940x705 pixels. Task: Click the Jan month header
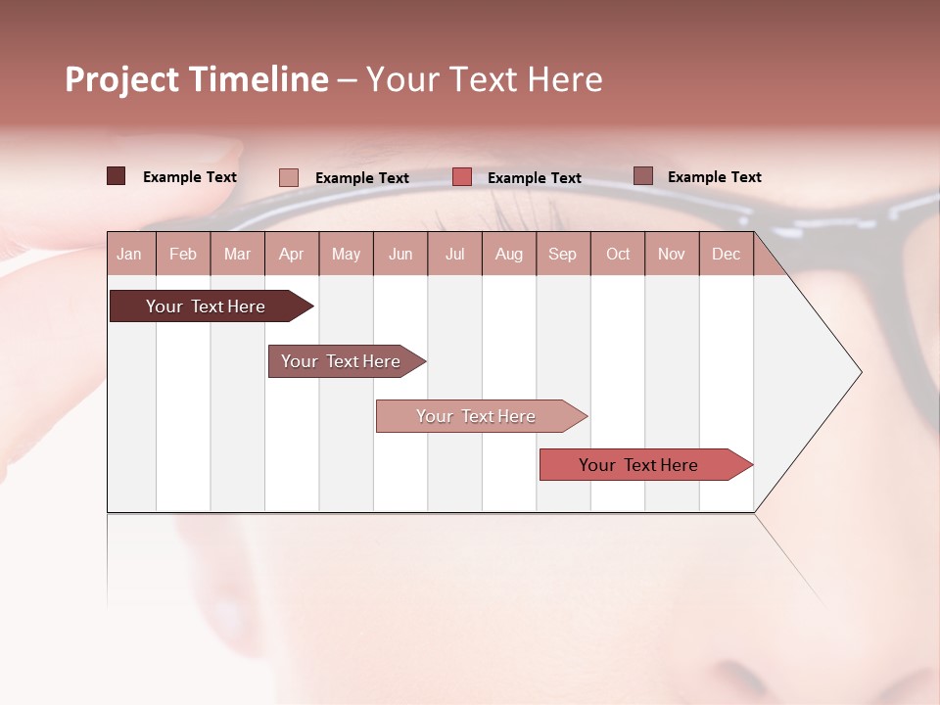pyautogui.click(x=129, y=255)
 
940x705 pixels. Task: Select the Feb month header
pyautogui.click(x=183, y=255)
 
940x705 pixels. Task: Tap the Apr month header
pyautogui.click(x=291, y=255)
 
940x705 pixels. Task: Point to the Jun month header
pyautogui.click(x=400, y=255)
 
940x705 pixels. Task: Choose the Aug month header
pyautogui.click(x=508, y=255)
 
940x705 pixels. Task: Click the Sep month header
pyautogui.click(x=562, y=255)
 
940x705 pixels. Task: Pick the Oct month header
pyautogui.click(x=618, y=255)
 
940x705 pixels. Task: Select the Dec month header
pyautogui.click(x=726, y=255)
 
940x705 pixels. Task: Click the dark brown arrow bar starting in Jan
pyautogui.click(x=206, y=306)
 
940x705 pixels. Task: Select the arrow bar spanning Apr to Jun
pyautogui.click(x=341, y=361)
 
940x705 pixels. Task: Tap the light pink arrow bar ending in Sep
pyautogui.click(x=476, y=416)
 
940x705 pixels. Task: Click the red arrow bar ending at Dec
pyautogui.click(x=638, y=465)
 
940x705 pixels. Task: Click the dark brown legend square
pyautogui.click(x=116, y=176)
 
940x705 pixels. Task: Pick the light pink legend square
pyautogui.click(x=288, y=177)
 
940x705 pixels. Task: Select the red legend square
pyautogui.click(x=462, y=177)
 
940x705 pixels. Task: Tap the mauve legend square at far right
pyautogui.click(x=643, y=176)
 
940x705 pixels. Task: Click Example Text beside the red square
pyautogui.click(x=535, y=178)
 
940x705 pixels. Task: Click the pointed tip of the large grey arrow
pyautogui.click(x=859, y=372)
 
